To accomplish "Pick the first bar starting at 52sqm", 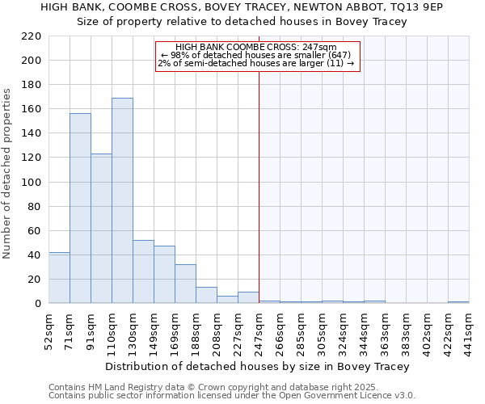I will click(59, 278).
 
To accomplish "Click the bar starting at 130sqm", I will click(143, 271).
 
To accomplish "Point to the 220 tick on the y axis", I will click(32, 36).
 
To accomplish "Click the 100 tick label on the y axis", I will click(32, 182).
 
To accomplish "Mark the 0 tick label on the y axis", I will click(37, 303).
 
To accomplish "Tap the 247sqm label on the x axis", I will click(259, 328).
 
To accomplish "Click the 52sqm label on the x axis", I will click(48, 328).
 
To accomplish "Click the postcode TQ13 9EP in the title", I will click(441, 7).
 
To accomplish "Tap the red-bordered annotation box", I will click(257, 56).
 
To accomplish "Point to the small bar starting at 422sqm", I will click(458, 302).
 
